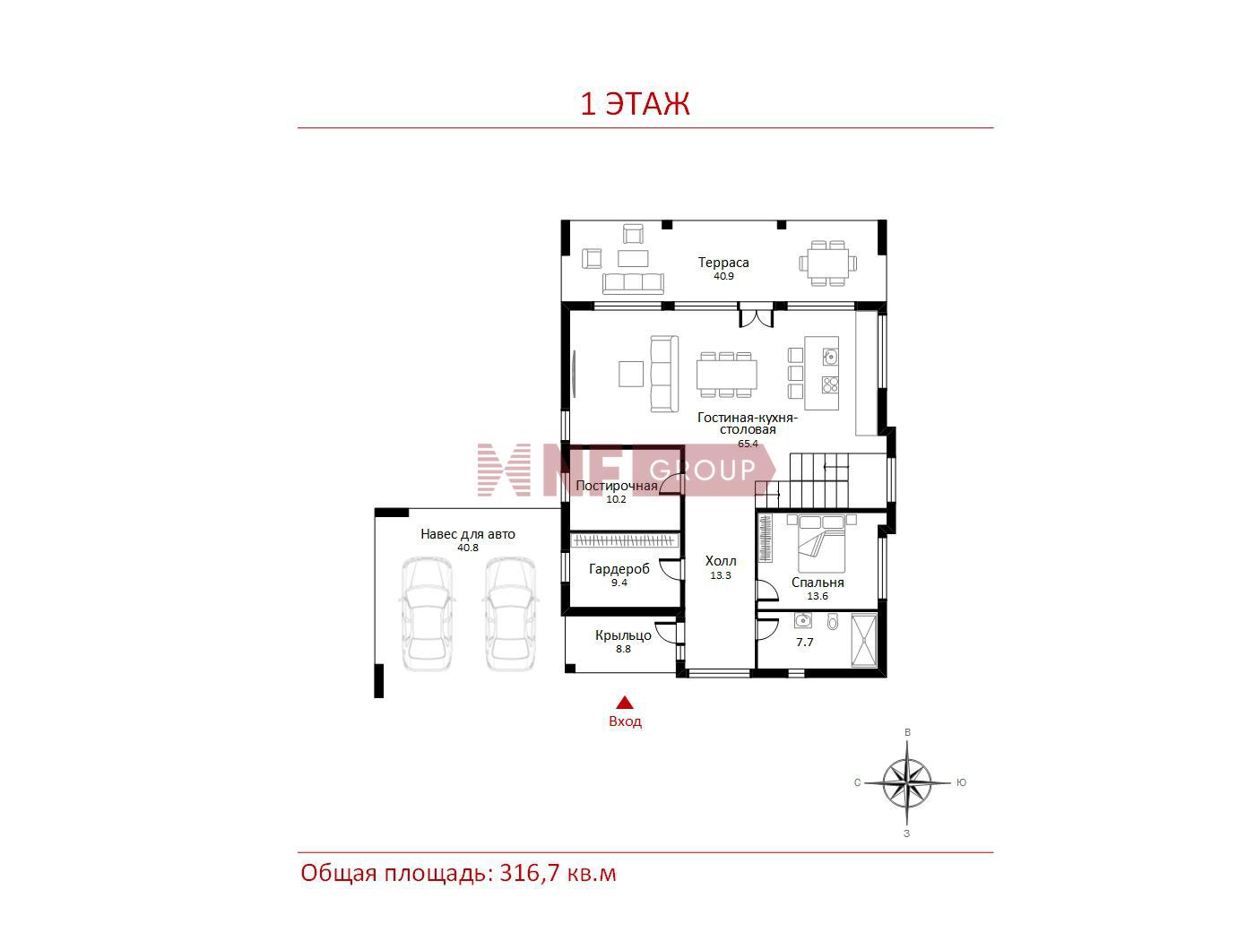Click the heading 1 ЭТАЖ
click(x=635, y=104)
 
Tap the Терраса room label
click(x=723, y=263)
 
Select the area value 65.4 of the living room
click(x=748, y=444)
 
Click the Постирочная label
click(x=617, y=486)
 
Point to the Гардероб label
click(x=619, y=569)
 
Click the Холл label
click(x=721, y=561)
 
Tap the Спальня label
click(x=818, y=583)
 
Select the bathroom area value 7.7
click(x=804, y=643)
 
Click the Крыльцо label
click(x=623, y=635)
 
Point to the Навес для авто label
click(x=468, y=534)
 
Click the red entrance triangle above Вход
click(x=625, y=703)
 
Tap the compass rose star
click(x=907, y=782)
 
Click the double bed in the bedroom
click(x=822, y=544)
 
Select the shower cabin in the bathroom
click(x=863, y=640)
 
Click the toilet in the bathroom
click(x=833, y=621)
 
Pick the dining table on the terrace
click(x=828, y=263)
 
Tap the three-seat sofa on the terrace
click(x=633, y=283)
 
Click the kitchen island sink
click(x=830, y=357)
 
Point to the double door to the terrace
click(x=756, y=315)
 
